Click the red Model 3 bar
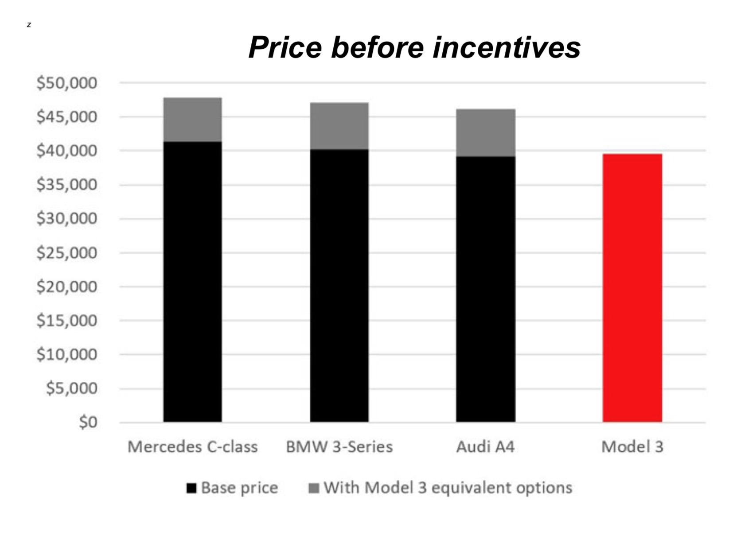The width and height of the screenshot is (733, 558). click(632, 288)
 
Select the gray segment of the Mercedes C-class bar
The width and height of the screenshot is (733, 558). click(192, 120)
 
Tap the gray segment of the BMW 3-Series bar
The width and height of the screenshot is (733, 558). click(339, 126)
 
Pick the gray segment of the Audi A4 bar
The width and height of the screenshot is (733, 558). click(485, 132)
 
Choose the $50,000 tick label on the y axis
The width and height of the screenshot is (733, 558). click(67, 83)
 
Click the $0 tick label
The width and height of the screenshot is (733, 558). click(88, 422)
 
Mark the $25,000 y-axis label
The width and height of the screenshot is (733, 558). click(67, 253)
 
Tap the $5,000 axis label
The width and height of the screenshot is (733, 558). click(72, 388)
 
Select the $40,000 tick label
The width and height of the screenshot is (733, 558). click(67, 151)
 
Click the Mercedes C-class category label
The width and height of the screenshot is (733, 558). click(192, 447)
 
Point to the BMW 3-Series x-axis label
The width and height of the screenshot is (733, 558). click(339, 447)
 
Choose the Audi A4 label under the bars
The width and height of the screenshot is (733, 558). click(485, 447)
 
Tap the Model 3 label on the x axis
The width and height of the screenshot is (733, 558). click(632, 447)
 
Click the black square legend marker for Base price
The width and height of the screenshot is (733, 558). click(191, 488)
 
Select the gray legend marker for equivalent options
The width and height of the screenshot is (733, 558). click(314, 488)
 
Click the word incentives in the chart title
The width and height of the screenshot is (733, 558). click(507, 47)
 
